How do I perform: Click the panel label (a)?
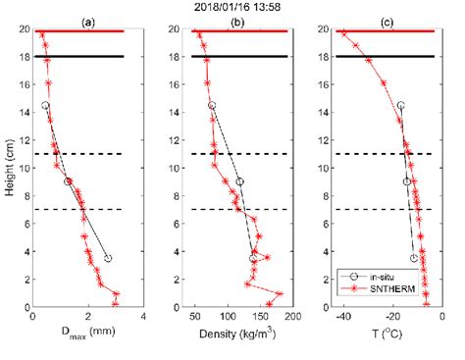[88, 21]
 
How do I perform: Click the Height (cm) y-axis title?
[10, 168]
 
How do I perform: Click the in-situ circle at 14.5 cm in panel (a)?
[45, 105]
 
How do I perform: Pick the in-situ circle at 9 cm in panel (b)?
[239, 181]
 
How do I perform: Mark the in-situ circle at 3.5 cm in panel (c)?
[414, 258]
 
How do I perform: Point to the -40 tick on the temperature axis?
[342, 318]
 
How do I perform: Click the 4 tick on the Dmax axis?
[144, 318]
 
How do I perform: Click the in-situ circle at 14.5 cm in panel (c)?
[400, 105]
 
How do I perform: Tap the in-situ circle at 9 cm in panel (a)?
[68, 181]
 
